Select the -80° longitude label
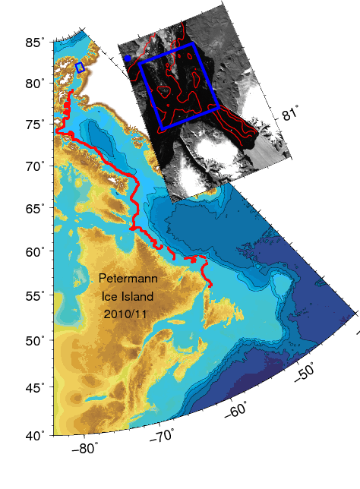coord(84,449)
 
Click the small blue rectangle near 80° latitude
coord(80,68)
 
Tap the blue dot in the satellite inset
coord(127,58)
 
